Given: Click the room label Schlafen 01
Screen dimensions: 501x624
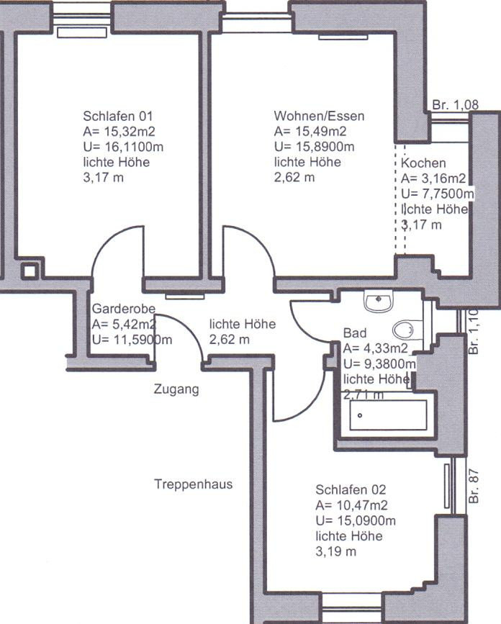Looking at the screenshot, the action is [117, 116].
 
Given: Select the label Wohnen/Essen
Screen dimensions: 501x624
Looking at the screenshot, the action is [319, 116].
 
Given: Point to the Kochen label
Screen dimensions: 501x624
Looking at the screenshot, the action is [423, 163].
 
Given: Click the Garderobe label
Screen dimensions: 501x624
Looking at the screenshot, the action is [123, 309].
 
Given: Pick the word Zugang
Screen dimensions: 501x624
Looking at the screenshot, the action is [176, 389].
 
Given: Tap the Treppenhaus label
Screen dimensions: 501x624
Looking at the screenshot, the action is [194, 484].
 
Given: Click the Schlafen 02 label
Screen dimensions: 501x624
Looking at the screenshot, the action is [351, 489].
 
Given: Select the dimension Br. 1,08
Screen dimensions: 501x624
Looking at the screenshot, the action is [455, 104].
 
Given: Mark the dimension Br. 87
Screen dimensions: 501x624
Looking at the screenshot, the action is [474, 487].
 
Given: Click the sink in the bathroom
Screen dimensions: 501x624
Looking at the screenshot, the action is [378, 302].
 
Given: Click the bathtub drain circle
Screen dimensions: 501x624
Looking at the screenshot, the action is [360, 415].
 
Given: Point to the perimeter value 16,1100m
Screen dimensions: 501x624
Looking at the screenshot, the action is [134, 147].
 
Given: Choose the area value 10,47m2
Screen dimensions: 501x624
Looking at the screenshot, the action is [362, 505].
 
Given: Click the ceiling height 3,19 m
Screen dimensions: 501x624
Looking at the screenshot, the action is [336, 551].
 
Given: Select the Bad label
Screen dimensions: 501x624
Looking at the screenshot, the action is [355, 333].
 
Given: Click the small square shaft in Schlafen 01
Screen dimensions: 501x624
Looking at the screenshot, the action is [30, 271].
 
